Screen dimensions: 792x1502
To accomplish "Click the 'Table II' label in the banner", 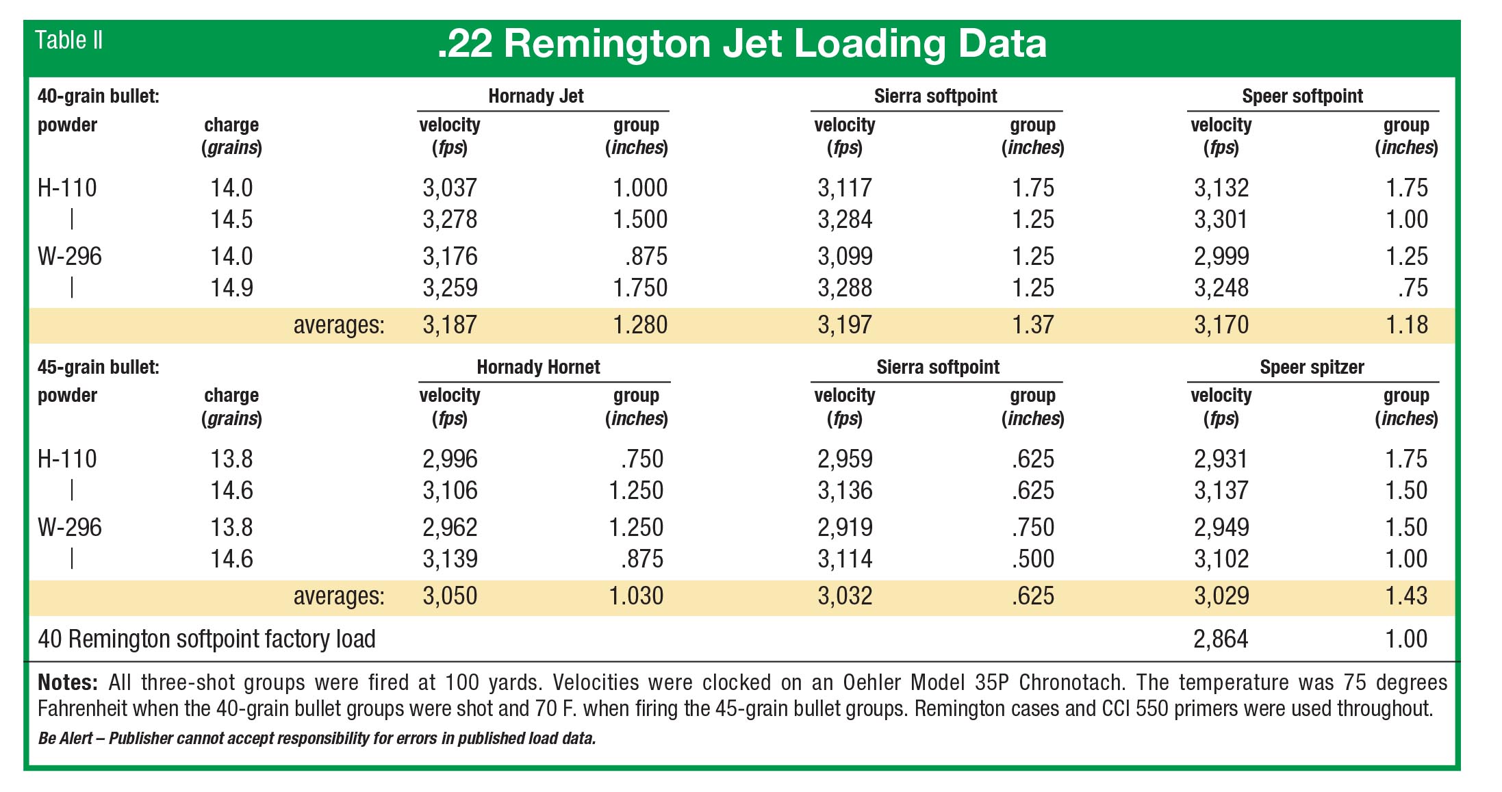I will [68, 40].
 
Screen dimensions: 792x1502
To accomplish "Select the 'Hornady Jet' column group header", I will [535, 96].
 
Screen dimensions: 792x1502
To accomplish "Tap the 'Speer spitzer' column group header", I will [1312, 367].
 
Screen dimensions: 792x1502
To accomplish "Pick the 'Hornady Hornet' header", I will [538, 367].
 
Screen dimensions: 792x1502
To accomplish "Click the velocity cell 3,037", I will [450, 188].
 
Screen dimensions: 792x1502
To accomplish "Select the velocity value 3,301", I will [1221, 219].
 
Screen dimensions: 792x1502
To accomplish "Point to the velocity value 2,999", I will [1221, 256].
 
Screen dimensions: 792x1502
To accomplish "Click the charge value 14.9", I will [231, 288].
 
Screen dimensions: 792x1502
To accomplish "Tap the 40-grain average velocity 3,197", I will [845, 324].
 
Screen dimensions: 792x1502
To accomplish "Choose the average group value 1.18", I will [1406, 324].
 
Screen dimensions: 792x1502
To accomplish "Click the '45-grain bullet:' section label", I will [98, 367].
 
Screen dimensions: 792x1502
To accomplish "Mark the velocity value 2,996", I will [450, 459].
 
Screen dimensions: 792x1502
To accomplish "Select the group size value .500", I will [1032, 559].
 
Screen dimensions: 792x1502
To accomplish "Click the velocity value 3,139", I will [450, 559].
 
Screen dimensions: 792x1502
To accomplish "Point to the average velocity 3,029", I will [1221, 596].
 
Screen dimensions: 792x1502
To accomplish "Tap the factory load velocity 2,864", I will [1221, 639].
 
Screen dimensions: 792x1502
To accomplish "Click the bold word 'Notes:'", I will [68, 682].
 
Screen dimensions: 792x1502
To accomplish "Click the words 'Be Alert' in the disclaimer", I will [65, 738].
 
